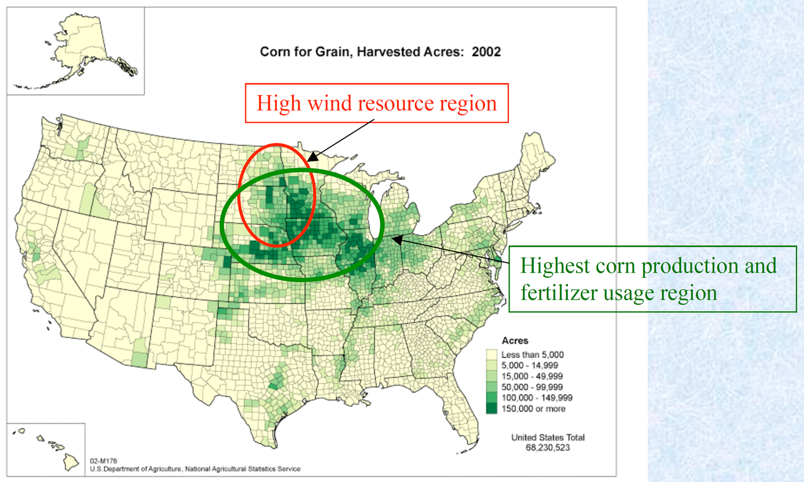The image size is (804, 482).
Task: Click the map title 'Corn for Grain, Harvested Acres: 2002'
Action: (x=380, y=52)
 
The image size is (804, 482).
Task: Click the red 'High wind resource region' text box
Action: (x=376, y=104)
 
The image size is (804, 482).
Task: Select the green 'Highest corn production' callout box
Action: (x=648, y=278)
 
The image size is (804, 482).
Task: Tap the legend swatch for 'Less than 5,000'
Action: (x=492, y=355)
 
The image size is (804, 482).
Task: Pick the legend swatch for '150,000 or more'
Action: (x=492, y=408)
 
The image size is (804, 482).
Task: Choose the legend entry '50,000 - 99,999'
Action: (x=531, y=386)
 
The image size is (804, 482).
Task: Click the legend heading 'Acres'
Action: (x=514, y=341)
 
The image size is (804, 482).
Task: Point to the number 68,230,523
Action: (x=548, y=448)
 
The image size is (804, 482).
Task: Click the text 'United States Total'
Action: (x=548, y=438)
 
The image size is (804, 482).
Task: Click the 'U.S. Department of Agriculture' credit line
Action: (x=195, y=469)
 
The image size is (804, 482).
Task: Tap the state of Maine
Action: (x=538, y=159)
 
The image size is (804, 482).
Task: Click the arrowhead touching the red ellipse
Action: (x=310, y=158)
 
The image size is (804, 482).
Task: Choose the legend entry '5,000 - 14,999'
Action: (x=531, y=365)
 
